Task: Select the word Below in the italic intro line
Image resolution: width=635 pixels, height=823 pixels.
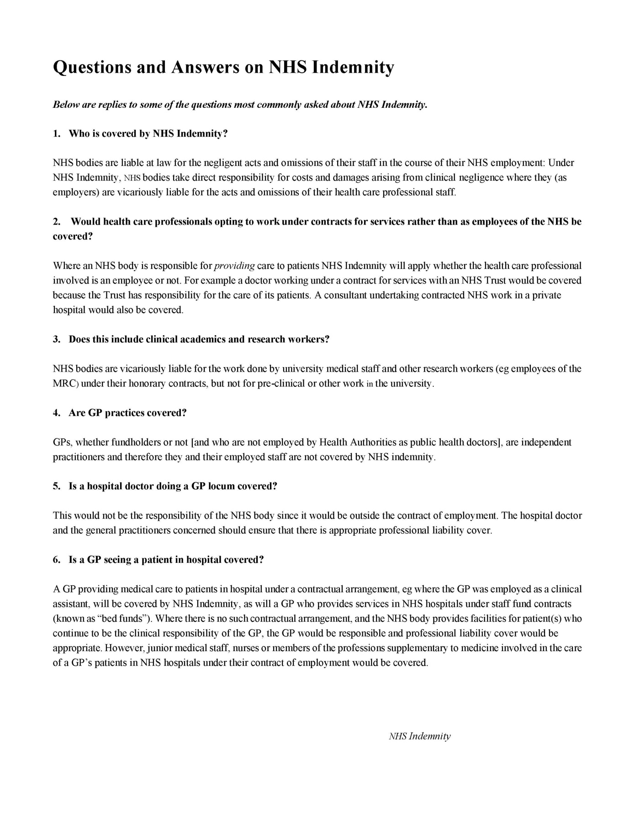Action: coord(63,105)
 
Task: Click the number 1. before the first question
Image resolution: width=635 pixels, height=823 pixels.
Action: coord(57,134)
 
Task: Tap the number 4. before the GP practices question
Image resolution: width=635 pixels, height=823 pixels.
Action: coord(57,413)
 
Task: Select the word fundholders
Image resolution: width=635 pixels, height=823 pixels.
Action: coord(136,442)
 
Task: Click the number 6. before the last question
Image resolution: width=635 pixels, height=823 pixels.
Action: coord(57,560)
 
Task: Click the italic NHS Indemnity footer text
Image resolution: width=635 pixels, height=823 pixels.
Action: coord(419,736)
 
